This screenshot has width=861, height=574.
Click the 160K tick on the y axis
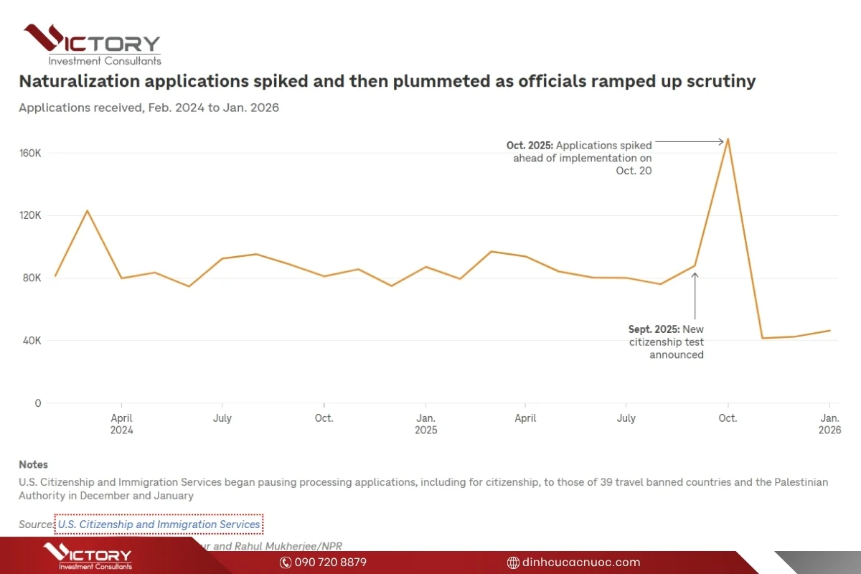click(x=30, y=154)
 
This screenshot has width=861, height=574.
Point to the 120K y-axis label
click(x=30, y=216)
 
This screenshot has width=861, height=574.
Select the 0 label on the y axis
click(x=37, y=403)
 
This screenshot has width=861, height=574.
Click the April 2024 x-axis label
click(x=121, y=424)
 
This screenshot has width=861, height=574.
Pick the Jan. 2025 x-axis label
click(x=425, y=424)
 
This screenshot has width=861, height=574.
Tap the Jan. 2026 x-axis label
click(x=829, y=424)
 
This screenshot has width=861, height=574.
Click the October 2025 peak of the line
click(x=728, y=138)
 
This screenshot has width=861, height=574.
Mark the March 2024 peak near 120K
click(x=87, y=210)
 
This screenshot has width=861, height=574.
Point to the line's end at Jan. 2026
click(x=829, y=331)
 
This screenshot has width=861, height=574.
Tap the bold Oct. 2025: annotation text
click(x=529, y=146)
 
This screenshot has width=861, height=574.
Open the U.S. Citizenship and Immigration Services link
click(x=159, y=524)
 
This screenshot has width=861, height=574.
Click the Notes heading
click(x=33, y=464)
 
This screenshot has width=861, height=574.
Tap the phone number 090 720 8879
click(x=330, y=563)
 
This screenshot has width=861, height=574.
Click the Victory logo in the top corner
click(x=92, y=44)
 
